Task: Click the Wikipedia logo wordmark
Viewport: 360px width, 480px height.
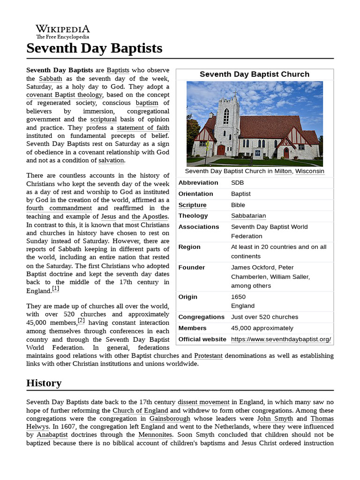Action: pos(63,30)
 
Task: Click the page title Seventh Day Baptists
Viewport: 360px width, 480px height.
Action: pos(94,48)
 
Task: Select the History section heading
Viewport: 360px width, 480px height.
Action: pos(44,383)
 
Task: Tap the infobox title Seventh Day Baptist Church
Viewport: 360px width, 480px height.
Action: pos(255,74)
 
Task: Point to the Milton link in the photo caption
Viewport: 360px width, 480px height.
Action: pos(283,172)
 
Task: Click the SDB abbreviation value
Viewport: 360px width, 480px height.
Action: pos(237,183)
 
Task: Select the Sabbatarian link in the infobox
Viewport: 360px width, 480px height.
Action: pos(248,216)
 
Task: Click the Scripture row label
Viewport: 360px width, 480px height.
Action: pos(192,205)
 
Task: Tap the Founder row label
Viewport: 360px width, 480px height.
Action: pos(191,267)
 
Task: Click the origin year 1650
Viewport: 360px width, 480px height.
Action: pos(238,297)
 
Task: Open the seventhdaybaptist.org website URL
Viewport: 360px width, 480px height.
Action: pos(281,339)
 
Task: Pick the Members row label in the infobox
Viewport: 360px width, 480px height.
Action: pos(192,328)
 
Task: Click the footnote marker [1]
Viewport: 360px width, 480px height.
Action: pos(56,289)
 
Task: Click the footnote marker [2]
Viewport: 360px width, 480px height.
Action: pos(81,321)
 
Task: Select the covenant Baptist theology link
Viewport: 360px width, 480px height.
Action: pos(64,95)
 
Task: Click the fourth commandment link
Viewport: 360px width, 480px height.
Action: pos(59,208)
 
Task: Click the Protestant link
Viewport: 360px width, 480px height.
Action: pos(208,356)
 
